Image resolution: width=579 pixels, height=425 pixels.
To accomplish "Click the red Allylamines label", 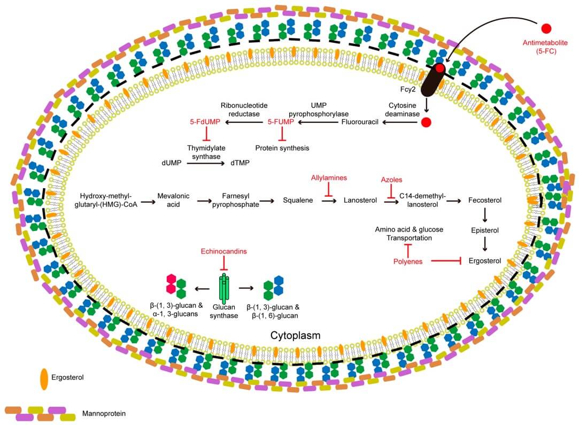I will tap(329, 177).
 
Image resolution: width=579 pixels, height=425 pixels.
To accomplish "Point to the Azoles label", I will tap(391, 180).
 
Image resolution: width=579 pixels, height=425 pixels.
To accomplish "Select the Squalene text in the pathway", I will tap(298, 200).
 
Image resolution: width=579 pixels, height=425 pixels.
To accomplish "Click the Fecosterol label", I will tap(484, 200).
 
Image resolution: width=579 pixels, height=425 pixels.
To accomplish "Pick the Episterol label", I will tap(484, 230).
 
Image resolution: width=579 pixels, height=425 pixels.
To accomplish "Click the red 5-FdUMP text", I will tap(205, 122).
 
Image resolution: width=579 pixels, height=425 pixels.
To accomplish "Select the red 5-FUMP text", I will tap(280, 122).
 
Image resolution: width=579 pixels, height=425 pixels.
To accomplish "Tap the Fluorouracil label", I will tap(360, 122).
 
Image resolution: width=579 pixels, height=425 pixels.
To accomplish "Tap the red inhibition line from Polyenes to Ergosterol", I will tap(446, 261).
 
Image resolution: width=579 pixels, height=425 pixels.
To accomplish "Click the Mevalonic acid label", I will tap(173, 200).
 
